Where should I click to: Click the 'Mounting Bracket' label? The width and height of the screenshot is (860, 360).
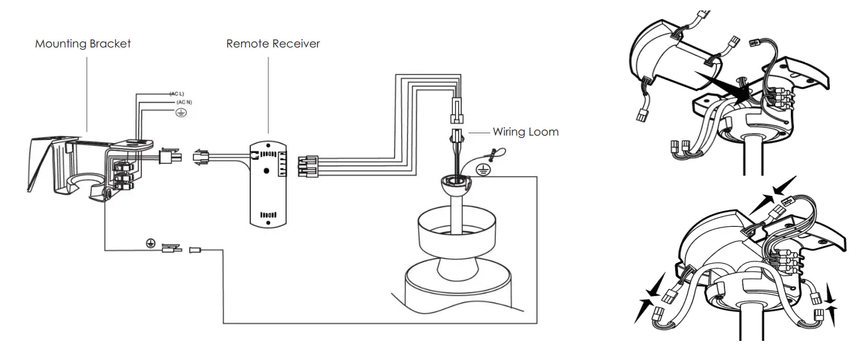83,44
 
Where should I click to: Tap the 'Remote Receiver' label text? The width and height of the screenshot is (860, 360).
273,44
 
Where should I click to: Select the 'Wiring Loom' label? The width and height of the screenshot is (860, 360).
525,132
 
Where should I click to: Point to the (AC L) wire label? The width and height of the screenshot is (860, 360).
177,93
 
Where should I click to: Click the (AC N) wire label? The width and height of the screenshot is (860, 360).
184,102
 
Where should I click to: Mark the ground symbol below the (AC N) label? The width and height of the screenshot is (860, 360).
181,113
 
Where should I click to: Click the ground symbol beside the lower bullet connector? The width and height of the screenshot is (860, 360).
150,243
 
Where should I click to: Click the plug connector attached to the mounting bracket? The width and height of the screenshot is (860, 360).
168,157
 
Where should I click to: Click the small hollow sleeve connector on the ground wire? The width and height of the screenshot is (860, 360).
196,250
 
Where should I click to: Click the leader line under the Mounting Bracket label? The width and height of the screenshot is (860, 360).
86,92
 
